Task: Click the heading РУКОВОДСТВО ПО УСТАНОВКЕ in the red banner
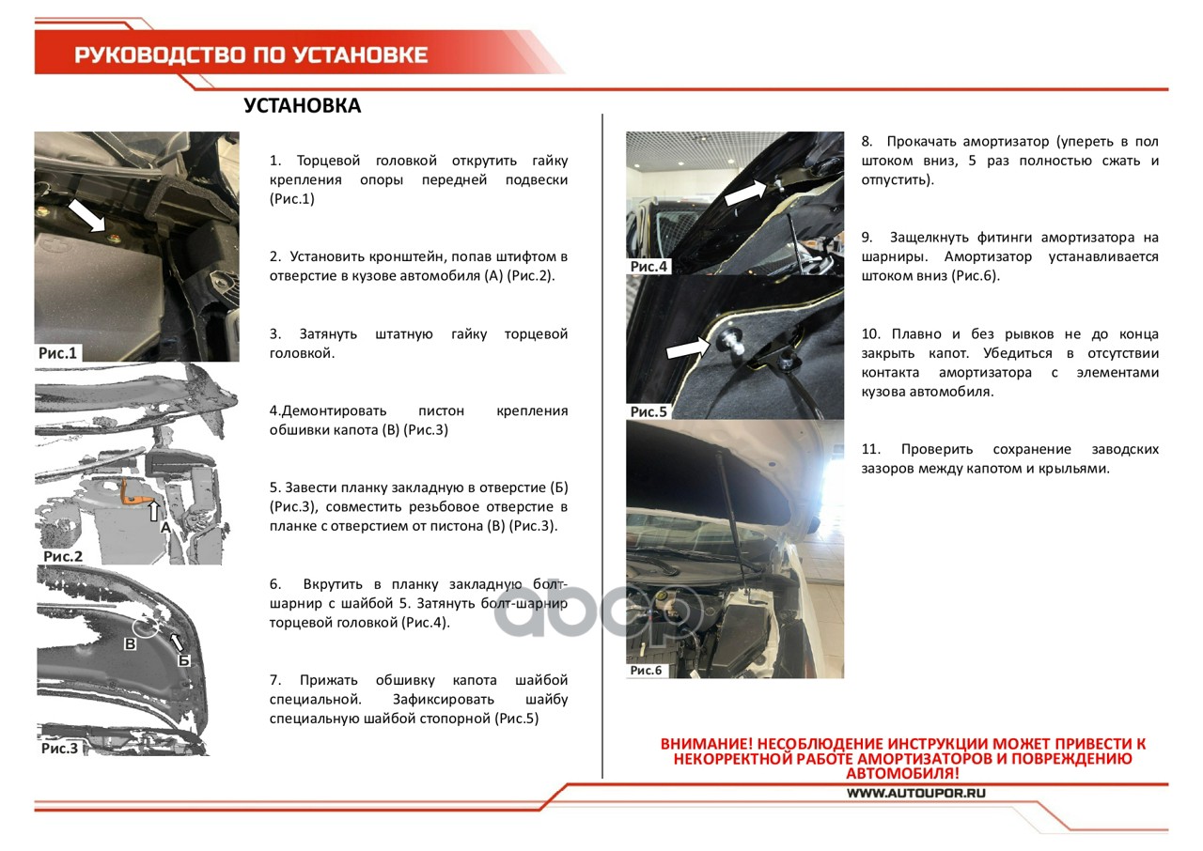251,54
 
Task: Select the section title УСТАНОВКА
302,106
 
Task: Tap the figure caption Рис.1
57,353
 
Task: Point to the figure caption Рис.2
63,556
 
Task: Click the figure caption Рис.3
59,749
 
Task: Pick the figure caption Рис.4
648,267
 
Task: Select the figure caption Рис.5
648,411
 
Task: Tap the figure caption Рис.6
646,670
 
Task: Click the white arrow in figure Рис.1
87,215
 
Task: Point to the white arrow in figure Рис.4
744,193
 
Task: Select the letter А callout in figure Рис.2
165,528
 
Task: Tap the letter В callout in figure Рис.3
131,644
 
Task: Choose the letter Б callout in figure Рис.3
184,660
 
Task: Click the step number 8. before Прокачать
867,142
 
